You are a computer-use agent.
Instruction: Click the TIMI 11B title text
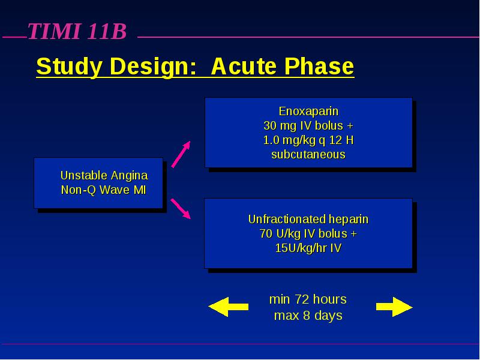[x=77, y=31]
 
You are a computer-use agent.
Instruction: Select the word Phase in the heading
[x=319, y=66]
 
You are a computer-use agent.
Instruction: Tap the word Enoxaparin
[x=308, y=111]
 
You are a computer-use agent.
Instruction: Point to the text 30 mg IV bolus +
[x=308, y=125]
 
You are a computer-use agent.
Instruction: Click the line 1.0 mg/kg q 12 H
[x=308, y=140]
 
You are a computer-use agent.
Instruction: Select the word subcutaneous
[x=308, y=154]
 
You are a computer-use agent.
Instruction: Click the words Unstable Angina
[x=104, y=176]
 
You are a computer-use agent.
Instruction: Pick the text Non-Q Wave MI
[x=103, y=190]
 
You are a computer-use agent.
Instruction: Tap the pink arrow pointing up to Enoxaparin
[x=181, y=154]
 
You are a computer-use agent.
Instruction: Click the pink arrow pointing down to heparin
[x=181, y=209]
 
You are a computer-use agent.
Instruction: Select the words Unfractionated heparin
[x=308, y=219]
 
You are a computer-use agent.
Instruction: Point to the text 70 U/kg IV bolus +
[x=308, y=233]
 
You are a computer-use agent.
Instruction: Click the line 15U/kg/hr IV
[x=308, y=248]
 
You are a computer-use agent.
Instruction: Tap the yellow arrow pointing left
[x=228, y=307]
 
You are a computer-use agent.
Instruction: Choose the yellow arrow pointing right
[x=394, y=307]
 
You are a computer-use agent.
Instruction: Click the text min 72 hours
[x=308, y=299]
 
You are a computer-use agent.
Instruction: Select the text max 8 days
[x=308, y=316]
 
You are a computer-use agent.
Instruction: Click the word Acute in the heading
[x=244, y=66]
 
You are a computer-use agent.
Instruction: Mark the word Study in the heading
[x=69, y=67]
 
